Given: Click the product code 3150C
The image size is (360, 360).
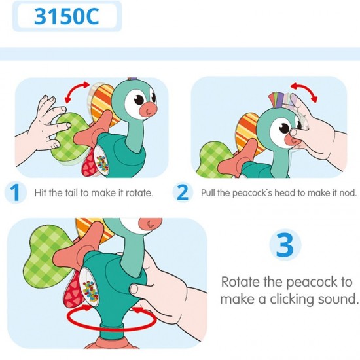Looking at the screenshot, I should point(67,16).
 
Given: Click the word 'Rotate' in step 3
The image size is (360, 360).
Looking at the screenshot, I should point(243,283).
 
